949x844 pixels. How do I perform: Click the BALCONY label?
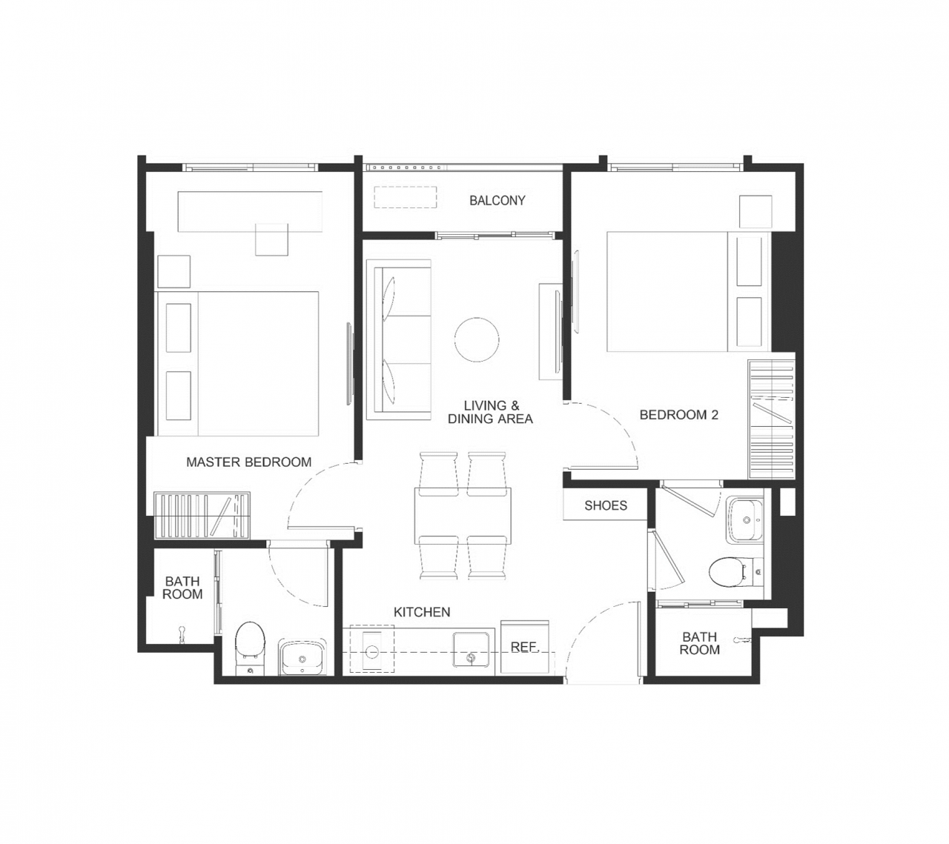pyautogui.click(x=497, y=200)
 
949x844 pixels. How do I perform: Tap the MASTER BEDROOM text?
pyautogui.click(x=248, y=462)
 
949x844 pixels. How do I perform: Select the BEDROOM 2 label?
pyautogui.click(x=678, y=415)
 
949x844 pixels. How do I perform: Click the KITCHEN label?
pyautogui.click(x=422, y=612)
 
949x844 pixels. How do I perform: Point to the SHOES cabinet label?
pyautogui.click(x=606, y=505)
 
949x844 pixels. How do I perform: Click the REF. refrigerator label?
pyautogui.click(x=525, y=647)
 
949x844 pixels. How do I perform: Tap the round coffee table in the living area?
pyautogui.click(x=477, y=339)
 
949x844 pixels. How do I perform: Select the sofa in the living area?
pyautogui.click(x=399, y=340)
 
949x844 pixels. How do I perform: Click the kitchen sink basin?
pyautogui.click(x=471, y=650)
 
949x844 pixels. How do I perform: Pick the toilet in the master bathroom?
pyautogui.click(x=251, y=648)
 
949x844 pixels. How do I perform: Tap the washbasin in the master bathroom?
pyautogui.click(x=303, y=657)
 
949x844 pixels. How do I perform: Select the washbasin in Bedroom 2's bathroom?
pyautogui.click(x=745, y=519)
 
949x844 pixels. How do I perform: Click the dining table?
pyautogui.click(x=463, y=516)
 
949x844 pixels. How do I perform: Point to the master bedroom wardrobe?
pyautogui.click(x=202, y=515)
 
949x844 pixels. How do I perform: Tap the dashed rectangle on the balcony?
pyautogui.click(x=405, y=197)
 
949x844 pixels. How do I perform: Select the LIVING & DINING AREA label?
pyautogui.click(x=490, y=412)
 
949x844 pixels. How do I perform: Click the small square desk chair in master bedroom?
pyautogui.click(x=271, y=239)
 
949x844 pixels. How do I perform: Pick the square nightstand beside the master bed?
pyautogui.click(x=173, y=271)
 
